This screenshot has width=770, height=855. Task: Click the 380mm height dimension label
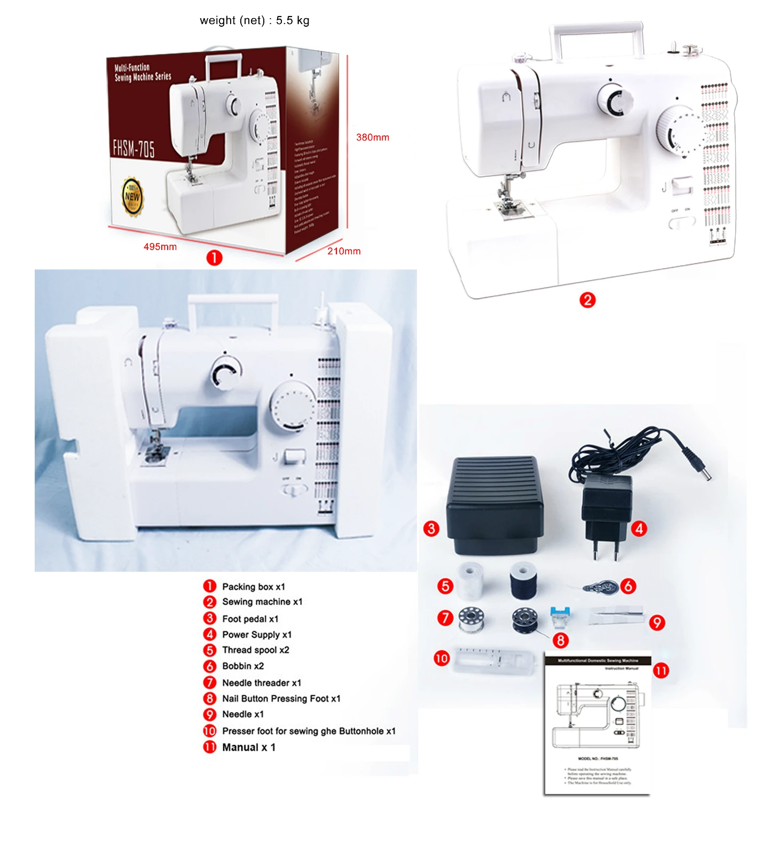tap(372, 137)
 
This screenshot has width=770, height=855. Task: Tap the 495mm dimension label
tap(160, 247)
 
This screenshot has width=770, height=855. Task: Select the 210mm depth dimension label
tap(344, 251)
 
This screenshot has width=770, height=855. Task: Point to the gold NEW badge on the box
tap(132, 197)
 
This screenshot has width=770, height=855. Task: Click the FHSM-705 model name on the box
tap(133, 148)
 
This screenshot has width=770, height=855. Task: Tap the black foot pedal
tap(494, 502)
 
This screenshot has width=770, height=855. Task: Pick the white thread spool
tap(470, 579)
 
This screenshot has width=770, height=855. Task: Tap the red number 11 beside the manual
tap(661, 671)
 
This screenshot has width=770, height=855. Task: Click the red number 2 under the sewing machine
tap(587, 300)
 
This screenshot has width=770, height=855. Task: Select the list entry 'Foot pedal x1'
tap(250, 619)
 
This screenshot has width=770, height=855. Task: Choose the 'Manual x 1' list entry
tap(249, 748)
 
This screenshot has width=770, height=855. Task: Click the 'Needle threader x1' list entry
tap(262, 683)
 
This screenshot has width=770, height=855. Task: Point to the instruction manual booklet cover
tap(598, 724)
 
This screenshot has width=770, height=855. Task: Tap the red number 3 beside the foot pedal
tap(431, 529)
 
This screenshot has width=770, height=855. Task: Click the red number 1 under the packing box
tap(214, 258)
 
